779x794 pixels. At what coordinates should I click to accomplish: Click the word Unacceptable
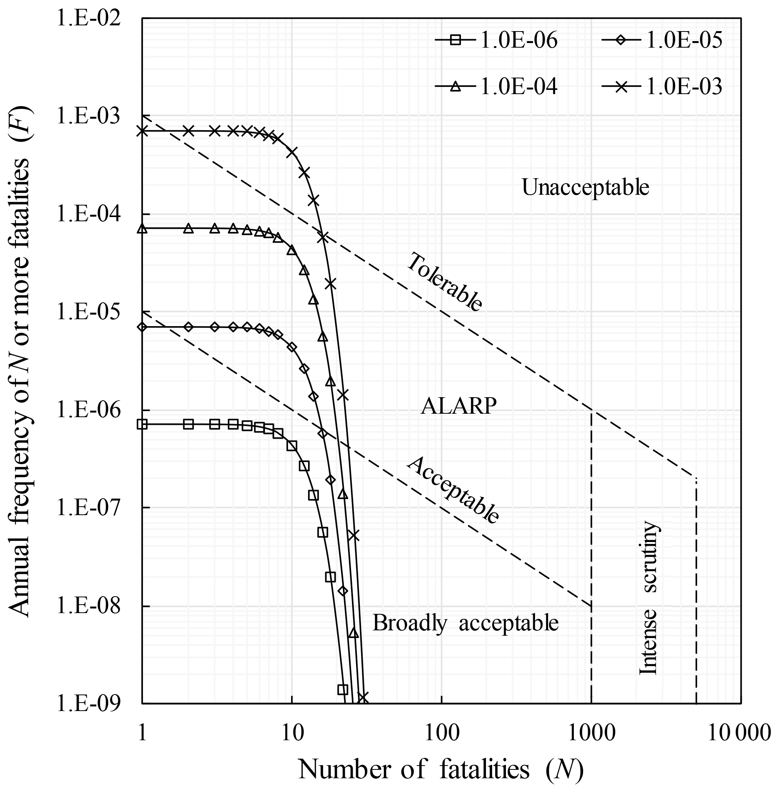(x=585, y=188)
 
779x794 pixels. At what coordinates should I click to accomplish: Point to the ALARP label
(x=459, y=406)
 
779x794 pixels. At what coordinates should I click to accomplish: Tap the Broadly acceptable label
(x=465, y=623)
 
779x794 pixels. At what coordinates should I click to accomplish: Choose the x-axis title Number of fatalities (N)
(x=441, y=769)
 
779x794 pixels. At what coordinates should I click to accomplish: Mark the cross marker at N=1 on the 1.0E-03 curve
(x=142, y=131)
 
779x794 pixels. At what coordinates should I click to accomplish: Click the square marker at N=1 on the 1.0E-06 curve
(x=142, y=424)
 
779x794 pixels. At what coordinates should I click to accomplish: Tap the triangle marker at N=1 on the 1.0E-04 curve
(x=142, y=228)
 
